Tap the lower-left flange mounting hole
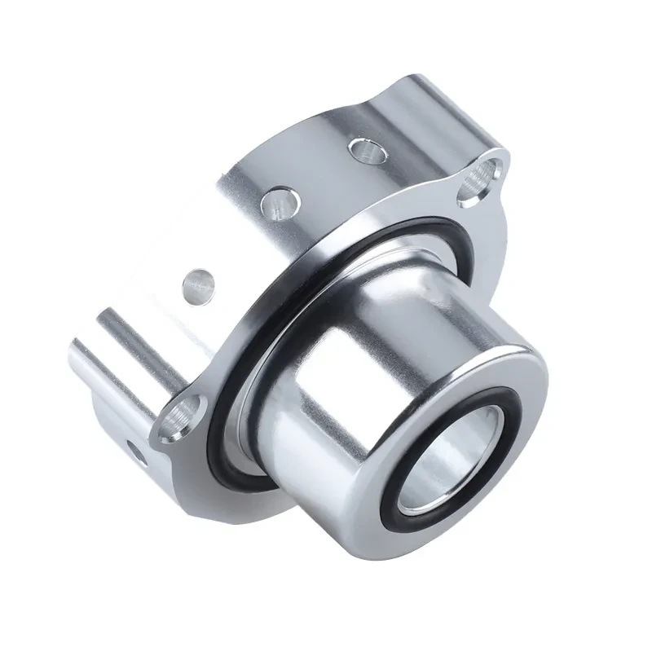click(178, 420)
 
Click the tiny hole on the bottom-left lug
click(134, 451)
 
